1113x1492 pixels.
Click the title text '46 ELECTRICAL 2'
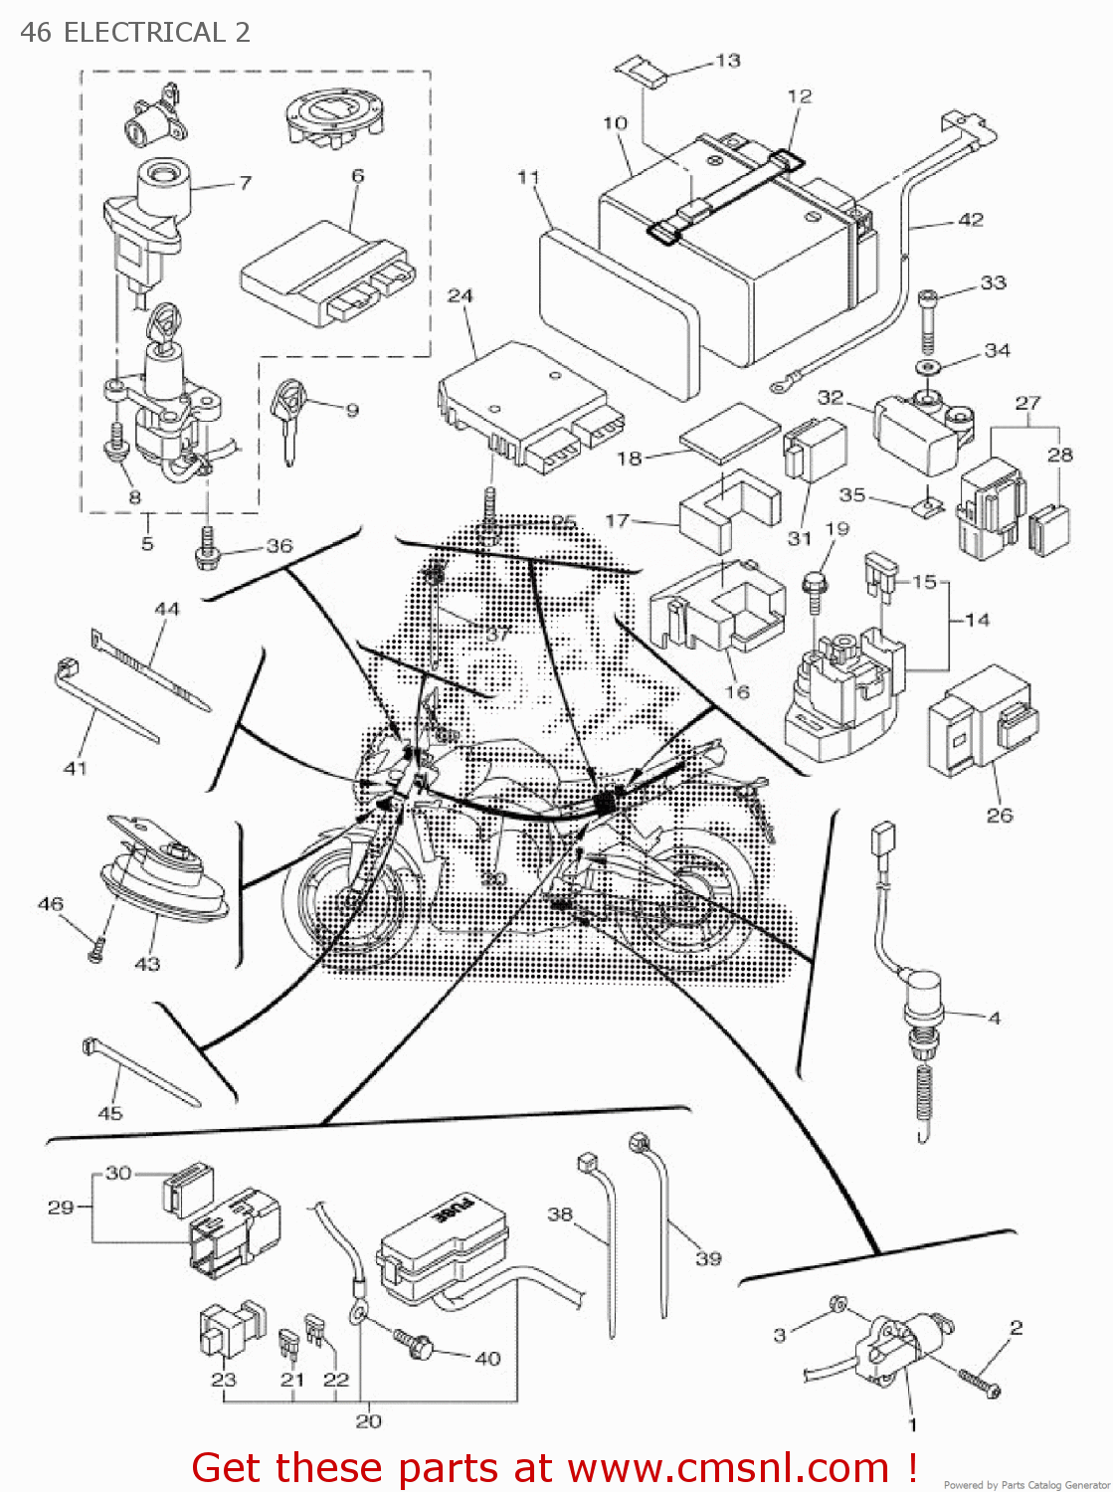[x=135, y=32]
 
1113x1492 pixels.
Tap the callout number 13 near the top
[x=728, y=61]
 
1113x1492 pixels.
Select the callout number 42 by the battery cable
[x=970, y=220]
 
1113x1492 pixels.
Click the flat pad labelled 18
[x=730, y=433]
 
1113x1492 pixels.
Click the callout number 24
[x=460, y=295]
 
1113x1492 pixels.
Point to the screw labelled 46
[x=95, y=950]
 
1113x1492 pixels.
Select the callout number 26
[x=999, y=815]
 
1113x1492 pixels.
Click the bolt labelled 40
[x=416, y=1343]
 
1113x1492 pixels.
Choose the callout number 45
[x=110, y=1113]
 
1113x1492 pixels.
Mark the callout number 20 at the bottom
[x=368, y=1420]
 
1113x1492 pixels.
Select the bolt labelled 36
[x=209, y=550]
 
